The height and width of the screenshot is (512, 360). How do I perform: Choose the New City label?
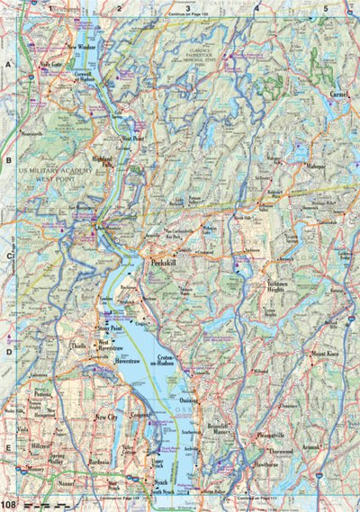107,418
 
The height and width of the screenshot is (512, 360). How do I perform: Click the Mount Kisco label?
325,355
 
